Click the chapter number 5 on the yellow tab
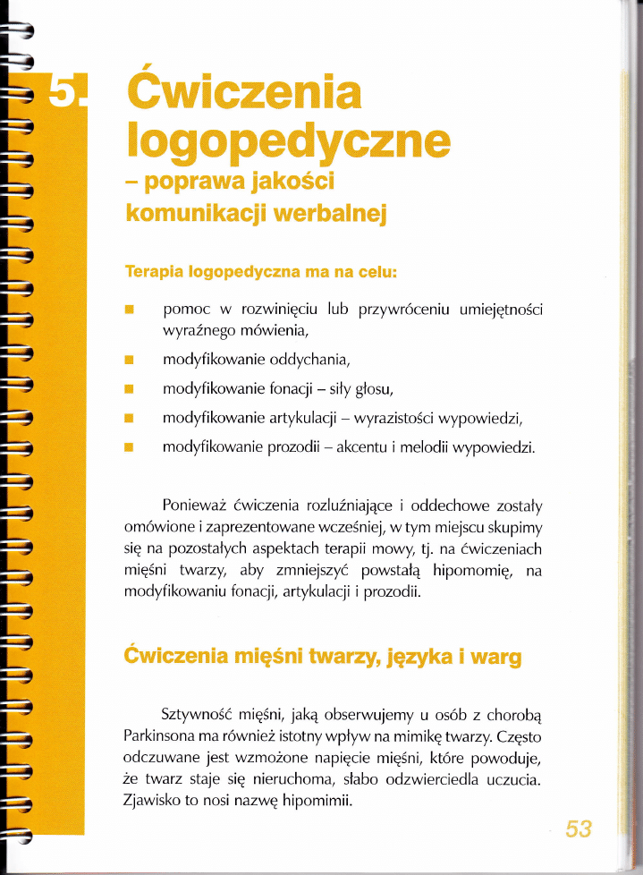tap(63, 91)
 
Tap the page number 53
tap(579, 828)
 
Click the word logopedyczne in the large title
tap(287, 140)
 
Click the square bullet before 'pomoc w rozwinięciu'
tap(130, 310)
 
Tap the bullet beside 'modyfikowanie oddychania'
tap(130, 361)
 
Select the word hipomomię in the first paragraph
tap(471, 570)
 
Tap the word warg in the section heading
tap(495, 658)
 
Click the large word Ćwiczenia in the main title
tap(244, 92)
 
